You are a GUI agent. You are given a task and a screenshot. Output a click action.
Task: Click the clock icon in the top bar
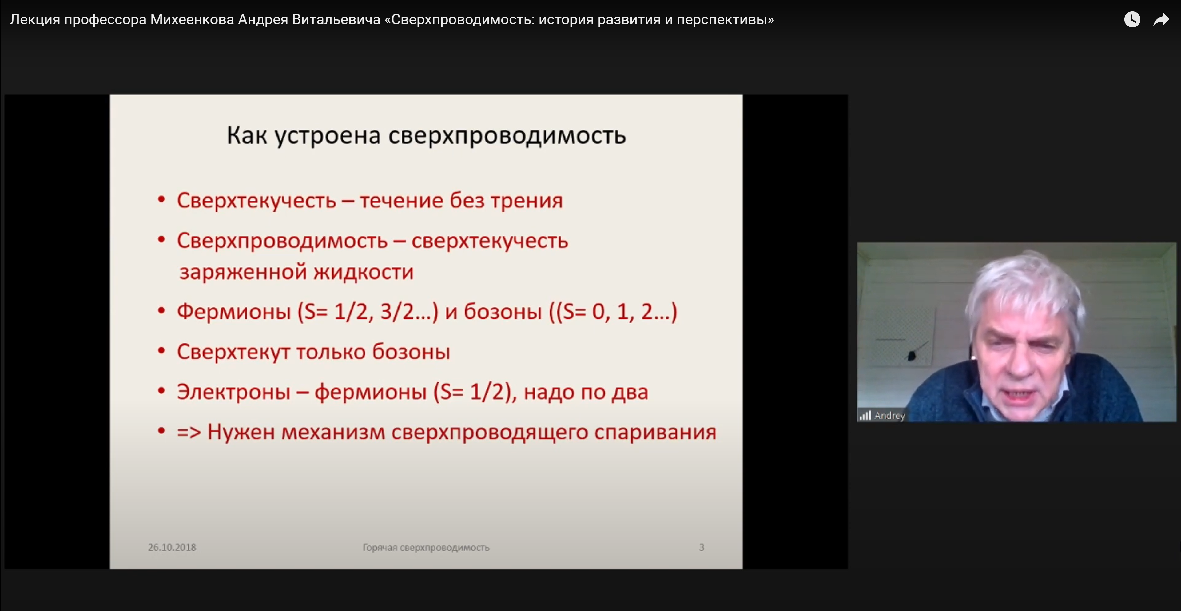pos(1132,19)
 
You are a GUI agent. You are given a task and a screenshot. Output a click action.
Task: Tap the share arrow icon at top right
pos(1161,19)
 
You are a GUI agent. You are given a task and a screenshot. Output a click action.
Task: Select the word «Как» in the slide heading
pos(247,135)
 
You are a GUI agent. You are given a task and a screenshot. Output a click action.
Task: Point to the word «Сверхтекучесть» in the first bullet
pos(256,201)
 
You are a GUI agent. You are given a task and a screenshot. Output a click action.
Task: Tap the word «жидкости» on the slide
pos(364,272)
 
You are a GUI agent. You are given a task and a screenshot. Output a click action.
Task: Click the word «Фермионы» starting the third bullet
pos(234,312)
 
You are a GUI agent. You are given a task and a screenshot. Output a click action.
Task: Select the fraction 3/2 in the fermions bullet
pos(397,312)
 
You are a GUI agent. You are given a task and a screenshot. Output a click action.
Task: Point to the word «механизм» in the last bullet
pos(333,432)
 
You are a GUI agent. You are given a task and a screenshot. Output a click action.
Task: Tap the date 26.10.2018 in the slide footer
pos(172,547)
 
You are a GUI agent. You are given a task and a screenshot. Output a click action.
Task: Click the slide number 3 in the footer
pos(702,547)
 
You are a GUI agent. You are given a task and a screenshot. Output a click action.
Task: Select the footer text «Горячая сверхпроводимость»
pos(426,547)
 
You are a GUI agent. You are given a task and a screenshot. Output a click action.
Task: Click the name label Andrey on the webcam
pos(889,416)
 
